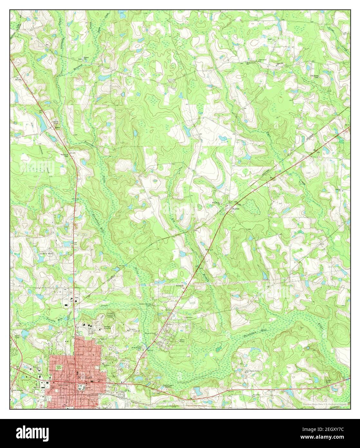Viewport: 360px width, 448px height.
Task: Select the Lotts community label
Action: [x=58, y=127]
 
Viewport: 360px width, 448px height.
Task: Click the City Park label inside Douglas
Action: [x=59, y=367]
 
